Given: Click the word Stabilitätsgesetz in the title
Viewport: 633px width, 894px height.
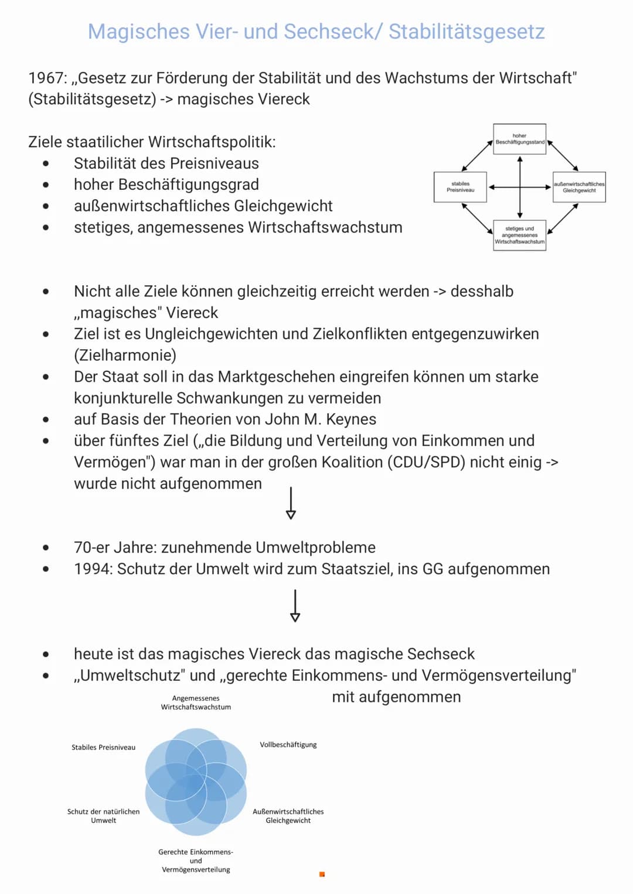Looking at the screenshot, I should pyautogui.click(x=467, y=32).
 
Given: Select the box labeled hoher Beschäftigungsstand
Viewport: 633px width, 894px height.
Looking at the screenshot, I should pyautogui.click(x=519, y=139).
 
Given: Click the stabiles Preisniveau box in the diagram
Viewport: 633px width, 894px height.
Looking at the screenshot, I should pyautogui.click(x=460, y=187).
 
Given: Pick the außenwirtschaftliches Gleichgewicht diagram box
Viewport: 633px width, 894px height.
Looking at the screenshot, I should pyautogui.click(x=579, y=187).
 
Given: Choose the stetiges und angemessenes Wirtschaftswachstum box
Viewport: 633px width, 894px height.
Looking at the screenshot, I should pyautogui.click(x=519, y=236).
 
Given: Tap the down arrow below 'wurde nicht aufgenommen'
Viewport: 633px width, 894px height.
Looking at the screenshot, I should pyautogui.click(x=291, y=503).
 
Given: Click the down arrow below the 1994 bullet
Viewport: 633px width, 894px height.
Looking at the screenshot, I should pyautogui.click(x=295, y=606).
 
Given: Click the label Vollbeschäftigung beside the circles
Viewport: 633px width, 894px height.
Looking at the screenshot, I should pyautogui.click(x=288, y=745).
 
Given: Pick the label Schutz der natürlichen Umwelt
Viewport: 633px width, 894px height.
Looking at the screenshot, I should pyautogui.click(x=104, y=816).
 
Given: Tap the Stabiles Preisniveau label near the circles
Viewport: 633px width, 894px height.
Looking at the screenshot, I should pyautogui.click(x=103, y=748).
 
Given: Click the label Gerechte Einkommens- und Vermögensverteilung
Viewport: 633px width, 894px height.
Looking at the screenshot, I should pyautogui.click(x=196, y=861).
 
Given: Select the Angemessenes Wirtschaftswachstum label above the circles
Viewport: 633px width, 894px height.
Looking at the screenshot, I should pyautogui.click(x=196, y=702).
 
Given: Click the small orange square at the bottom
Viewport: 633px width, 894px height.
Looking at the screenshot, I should pyautogui.click(x=322, y=875).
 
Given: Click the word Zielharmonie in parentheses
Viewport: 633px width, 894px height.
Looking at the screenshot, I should pyautogui.click(x=125, y=356).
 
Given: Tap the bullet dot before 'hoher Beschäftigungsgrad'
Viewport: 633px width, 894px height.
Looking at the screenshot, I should pyautogui.click(x=46, y=185).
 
